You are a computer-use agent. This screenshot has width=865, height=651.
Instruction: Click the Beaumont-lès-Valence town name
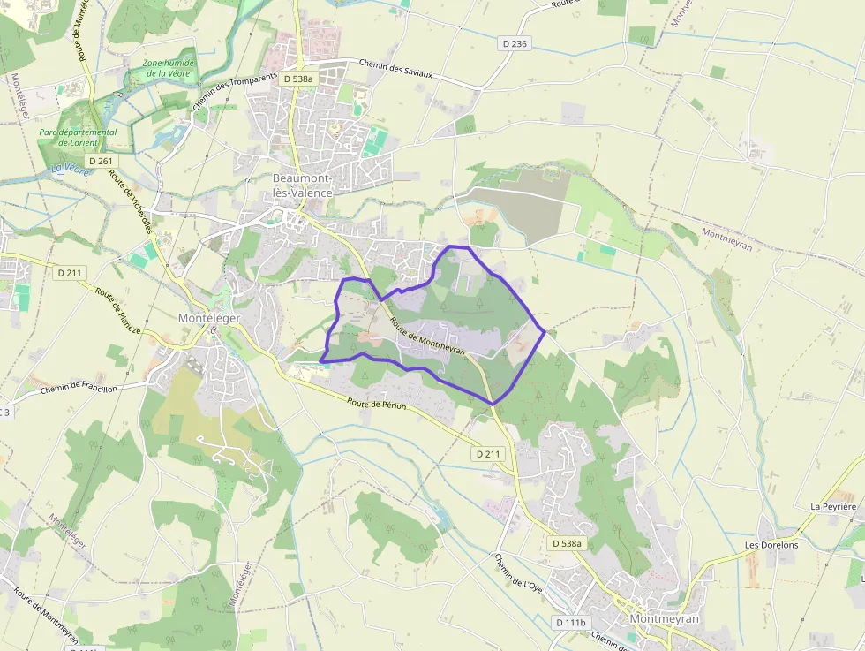pyautogui.click(x=302, y=185)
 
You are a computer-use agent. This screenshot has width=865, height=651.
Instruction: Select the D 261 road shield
pyautogui.click(x=101, y=161)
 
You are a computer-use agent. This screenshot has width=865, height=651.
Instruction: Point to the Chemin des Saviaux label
pyautogui.click(x=396, y=69)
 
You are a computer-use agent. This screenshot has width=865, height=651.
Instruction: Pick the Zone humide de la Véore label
pyautogui.click(x=169, y=68)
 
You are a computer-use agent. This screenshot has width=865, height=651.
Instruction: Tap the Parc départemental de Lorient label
pyautogui.click(x=78, y=137)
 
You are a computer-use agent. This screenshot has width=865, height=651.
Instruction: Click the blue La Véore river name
pyautogui.click(x=70, y=168)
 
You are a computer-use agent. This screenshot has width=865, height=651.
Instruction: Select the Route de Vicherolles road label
pyautogui.click(x=130, y=201)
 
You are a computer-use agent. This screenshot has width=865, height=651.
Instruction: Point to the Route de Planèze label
pyautogui.click(x=118, y=311)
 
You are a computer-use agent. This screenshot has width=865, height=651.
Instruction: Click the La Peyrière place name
pyautogui.click(x=833, y=507)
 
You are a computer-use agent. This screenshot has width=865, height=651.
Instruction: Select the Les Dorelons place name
pyautogui.click(x=771, y=545)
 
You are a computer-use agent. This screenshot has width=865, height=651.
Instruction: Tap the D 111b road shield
pyautogui.click(x=571, y=623)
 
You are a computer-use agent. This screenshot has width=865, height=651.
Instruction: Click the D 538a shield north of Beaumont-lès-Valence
pyautogui.click(x=298, y=79)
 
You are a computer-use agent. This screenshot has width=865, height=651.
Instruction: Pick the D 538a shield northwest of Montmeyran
pyautogui.click(x=565, y=543)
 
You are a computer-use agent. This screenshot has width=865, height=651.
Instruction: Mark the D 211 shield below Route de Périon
pyautogui.click(x=487, y=454)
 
